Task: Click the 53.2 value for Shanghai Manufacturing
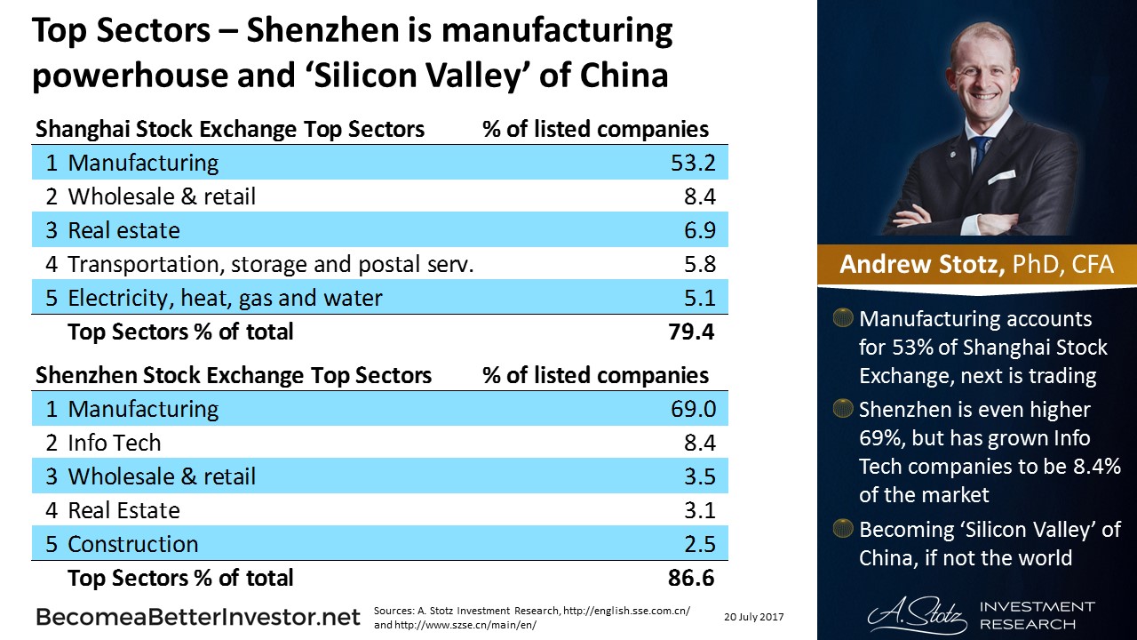point(692,164)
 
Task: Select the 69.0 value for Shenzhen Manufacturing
point(692,410)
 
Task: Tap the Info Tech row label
point(115,443)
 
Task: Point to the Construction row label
point(133,544)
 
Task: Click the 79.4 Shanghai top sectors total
point(691,332)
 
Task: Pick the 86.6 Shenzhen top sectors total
point(691,579)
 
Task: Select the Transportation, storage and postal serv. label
point(270,264)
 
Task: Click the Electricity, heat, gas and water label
point(225,298)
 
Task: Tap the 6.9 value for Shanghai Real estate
point(699,231)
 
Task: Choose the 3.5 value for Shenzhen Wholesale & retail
point(699,476)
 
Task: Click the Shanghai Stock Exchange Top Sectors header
point(230,130)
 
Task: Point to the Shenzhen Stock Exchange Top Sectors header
point(234,376)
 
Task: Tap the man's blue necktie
point(981,156)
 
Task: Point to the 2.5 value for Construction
point(699,544)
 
